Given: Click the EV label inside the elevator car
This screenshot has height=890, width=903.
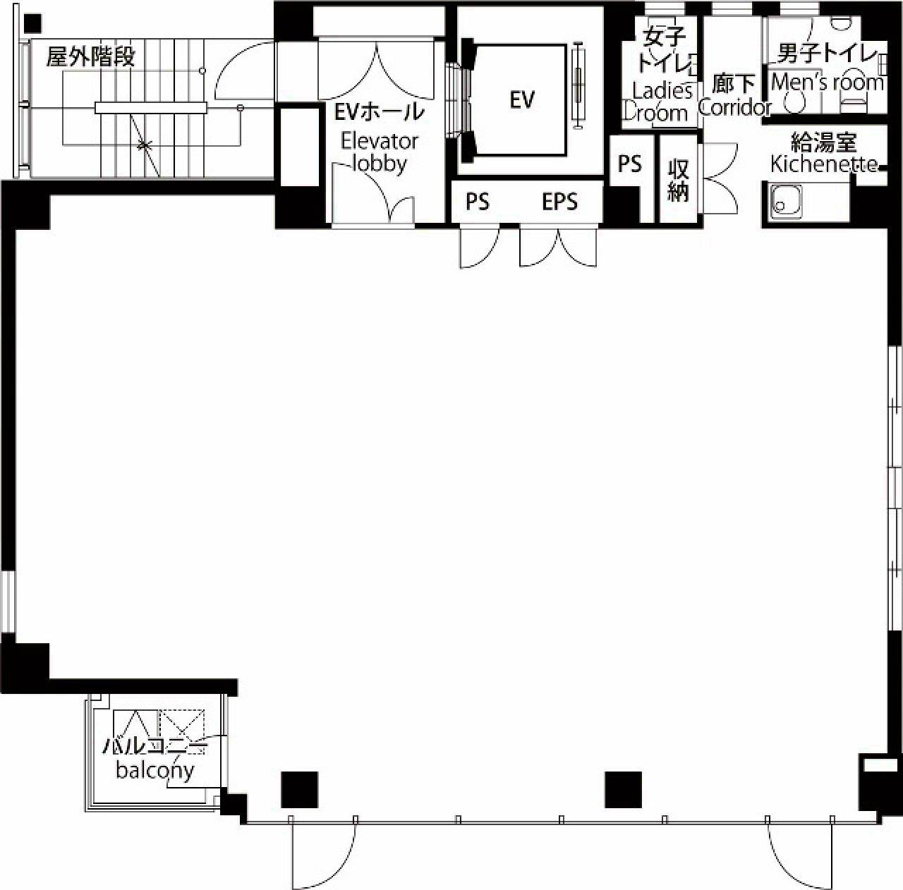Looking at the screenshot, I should point(521,100).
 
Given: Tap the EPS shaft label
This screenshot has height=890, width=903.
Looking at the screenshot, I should point(559,202).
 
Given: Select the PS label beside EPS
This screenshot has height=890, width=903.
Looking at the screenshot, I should point(478,202).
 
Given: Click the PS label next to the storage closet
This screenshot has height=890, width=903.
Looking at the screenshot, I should point(630,164).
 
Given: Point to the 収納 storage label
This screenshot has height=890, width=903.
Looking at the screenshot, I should point(678,181).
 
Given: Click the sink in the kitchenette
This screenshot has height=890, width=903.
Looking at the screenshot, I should point(785,202).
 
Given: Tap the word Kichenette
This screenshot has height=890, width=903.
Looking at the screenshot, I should point(824,165).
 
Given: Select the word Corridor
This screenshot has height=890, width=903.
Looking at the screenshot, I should point(734,108).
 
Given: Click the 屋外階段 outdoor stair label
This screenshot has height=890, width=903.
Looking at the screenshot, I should point(90,57).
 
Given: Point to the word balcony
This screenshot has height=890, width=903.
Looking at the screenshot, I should point(154,770).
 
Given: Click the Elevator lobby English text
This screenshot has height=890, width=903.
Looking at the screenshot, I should point(380,152).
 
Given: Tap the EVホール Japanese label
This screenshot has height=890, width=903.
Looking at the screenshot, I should point(380,112).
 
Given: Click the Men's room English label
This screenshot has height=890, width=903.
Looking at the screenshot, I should point(828,83).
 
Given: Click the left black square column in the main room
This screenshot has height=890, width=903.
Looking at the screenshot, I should point(299,789).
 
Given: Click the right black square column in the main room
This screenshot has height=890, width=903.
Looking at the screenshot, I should point(623,789).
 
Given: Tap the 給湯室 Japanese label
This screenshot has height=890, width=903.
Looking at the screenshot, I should point(823,143).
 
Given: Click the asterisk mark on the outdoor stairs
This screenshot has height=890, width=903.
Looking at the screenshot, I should point(145,145).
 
